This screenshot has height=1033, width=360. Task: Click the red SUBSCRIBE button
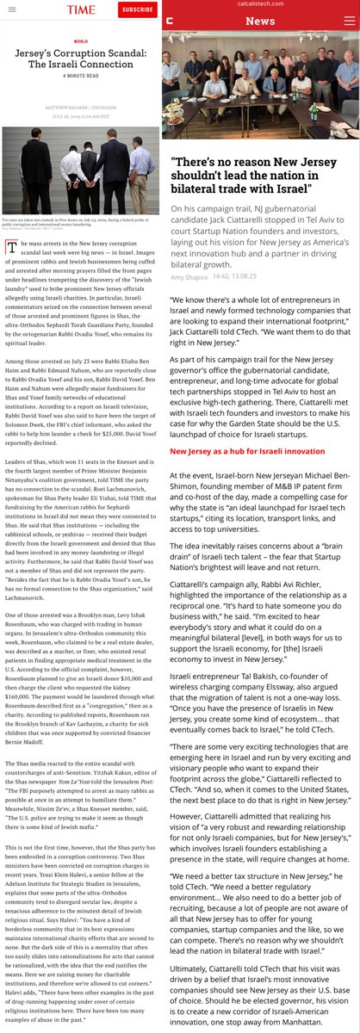(x=137, y=9)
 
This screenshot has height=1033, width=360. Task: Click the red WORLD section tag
(x=81, y=40)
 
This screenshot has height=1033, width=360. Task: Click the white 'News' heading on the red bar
(x=261, y=21)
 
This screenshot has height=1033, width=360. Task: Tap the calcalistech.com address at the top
(x=261, y=3)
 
